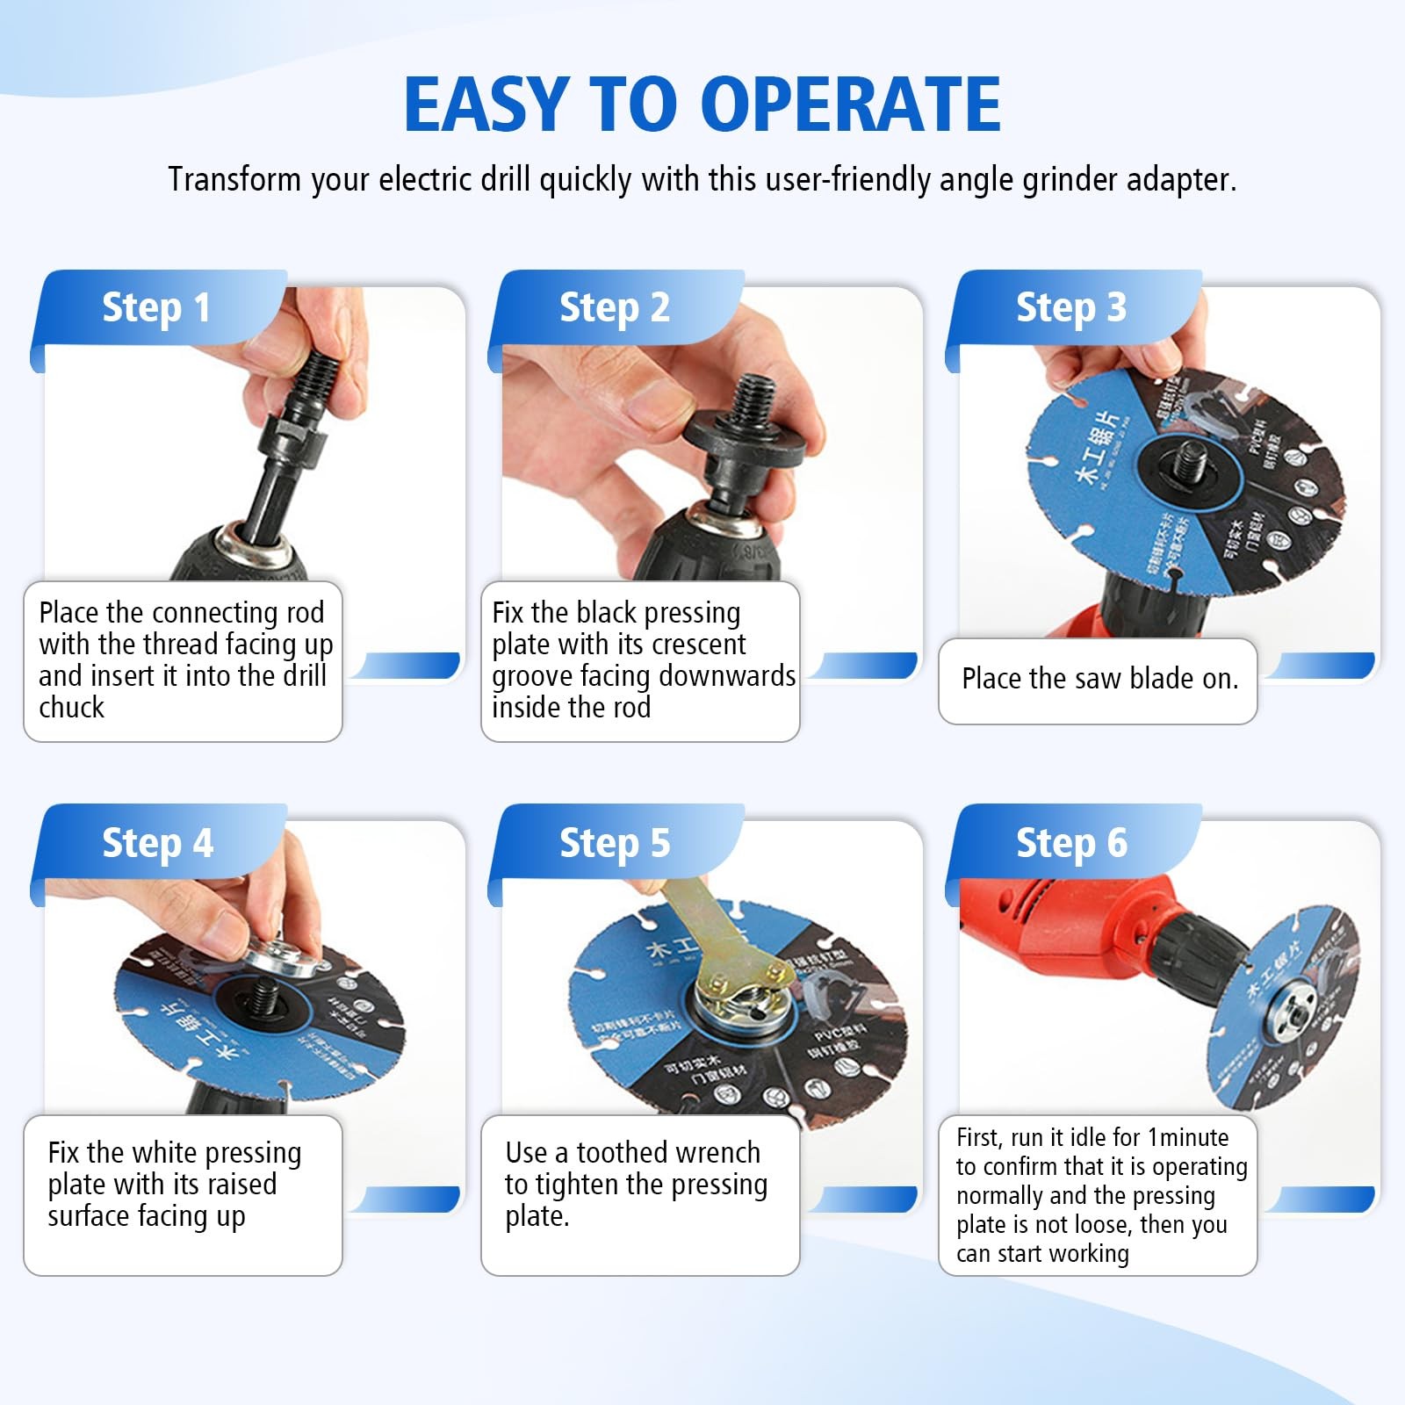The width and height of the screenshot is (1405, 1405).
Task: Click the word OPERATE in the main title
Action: (x=851, y=104)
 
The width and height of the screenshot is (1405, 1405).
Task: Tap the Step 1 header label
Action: (x=156, y=307)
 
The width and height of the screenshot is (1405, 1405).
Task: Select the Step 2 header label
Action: (x=614, y=307)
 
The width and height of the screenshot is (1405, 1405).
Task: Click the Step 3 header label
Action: (x=1070, y=307)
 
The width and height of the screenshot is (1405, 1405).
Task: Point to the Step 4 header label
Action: (x=157, y=842)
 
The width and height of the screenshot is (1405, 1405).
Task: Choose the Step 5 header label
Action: (x=614, y=842)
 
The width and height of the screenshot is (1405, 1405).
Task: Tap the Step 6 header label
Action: (x=1070, y=842)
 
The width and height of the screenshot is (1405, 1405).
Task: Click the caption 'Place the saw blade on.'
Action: (x=1099, y=679)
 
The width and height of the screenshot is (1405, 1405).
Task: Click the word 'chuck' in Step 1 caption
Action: (x=71, y=708)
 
